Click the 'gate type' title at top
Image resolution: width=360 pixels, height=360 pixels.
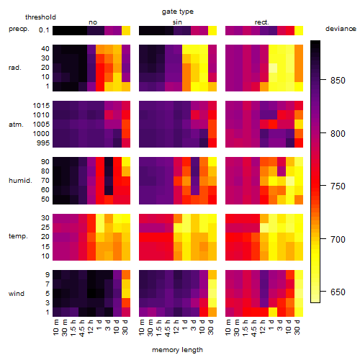coord(178,12)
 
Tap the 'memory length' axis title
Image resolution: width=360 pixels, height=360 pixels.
coord(177,350)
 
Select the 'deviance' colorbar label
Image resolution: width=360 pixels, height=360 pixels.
coord(341,29)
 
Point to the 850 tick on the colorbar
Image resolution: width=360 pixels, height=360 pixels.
coord(338,81)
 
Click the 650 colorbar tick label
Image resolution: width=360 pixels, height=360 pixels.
coord(338,292)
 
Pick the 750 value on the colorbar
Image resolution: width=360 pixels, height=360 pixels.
coord(338,186)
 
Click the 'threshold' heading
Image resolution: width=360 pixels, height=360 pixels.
coord(40,17)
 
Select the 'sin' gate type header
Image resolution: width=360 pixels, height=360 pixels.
coord(177,22)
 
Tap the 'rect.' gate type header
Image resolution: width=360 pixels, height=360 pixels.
coord(261,22)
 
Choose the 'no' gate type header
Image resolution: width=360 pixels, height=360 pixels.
coord(93,22)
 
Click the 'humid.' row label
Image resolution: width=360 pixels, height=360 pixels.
coord(20,181)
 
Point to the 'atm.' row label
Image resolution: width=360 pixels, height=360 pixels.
coord(16,125)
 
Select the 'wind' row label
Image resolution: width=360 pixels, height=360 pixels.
coord(17,294)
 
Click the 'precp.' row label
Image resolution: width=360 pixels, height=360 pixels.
coord(19,29)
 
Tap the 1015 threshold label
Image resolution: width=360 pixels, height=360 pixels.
coord(41,106)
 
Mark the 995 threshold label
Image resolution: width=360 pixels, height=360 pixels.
coord(43,143)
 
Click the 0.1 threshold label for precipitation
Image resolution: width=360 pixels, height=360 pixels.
coord(44,30)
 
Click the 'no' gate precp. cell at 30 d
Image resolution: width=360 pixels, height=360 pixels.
coord(126,30)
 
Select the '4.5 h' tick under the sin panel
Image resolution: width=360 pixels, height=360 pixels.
coord(168,328)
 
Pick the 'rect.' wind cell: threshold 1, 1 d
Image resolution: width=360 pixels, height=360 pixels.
coord(273,312)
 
